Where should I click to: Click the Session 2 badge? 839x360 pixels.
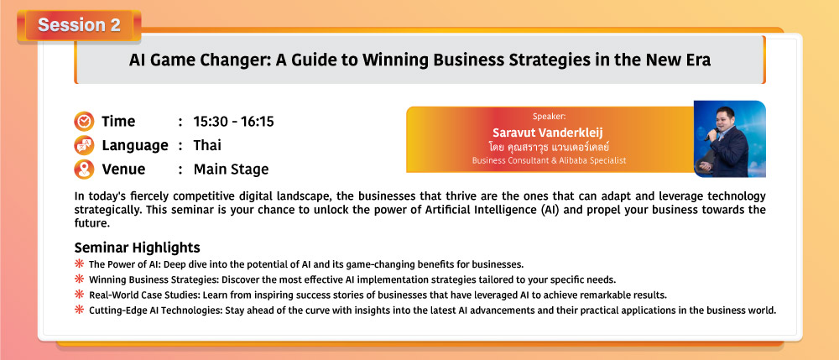79,25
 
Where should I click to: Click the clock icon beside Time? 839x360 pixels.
84,122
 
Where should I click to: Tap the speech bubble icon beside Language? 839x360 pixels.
84,145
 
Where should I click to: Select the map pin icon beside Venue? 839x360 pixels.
84,170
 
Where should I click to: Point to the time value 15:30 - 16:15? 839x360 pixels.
234,122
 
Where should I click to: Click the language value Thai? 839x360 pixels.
207,145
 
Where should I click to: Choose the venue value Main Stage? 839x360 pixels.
232,170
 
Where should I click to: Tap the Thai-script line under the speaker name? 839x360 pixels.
549,147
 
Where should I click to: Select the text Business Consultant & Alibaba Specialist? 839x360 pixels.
549,160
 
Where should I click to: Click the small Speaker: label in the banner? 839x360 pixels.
549,116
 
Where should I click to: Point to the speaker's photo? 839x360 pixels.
730,138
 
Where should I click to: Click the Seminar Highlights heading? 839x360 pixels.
138,248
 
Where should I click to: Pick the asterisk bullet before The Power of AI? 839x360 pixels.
79,263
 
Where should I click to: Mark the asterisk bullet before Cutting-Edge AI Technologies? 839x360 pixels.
79,310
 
